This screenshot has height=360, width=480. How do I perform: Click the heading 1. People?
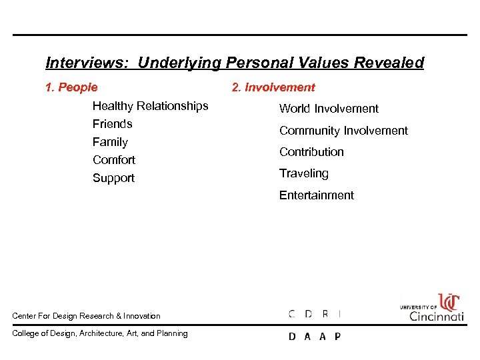coord(71,87)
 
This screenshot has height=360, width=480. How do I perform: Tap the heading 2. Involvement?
coord(273,87)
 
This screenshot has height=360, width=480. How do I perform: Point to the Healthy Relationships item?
coord(150,106)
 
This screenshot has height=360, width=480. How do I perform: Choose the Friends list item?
coord(112,124)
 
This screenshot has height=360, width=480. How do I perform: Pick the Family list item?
coord(110,142)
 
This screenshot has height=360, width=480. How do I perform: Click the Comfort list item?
coord(113,160)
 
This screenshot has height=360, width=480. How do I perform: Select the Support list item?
coord(113,178)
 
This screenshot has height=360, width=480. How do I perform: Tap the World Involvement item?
coord(329,109)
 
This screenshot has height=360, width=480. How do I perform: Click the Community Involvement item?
coord(343,131)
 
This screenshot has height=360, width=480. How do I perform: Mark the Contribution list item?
coord(311,152)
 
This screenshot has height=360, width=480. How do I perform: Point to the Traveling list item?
coord(303,173)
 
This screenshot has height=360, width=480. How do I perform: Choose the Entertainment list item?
coord(316,195)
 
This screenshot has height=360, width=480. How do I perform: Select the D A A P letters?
coord(314,337)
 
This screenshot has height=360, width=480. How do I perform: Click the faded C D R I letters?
coord(314,314)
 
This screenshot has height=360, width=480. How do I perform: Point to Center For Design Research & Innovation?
coord(86,316)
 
